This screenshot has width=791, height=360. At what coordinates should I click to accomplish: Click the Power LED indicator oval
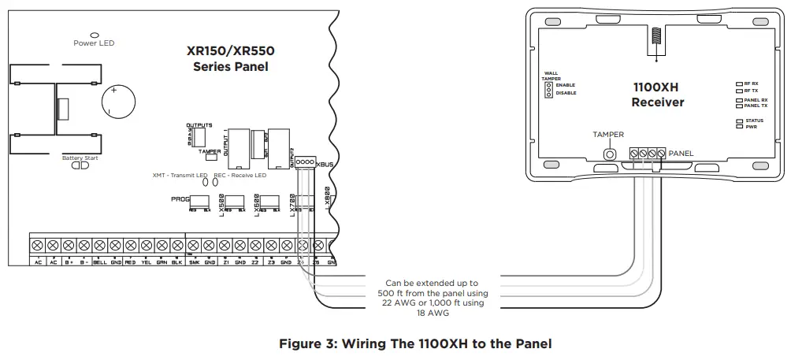tap(95, 35)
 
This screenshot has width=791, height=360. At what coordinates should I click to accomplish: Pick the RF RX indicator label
tap(751, 83)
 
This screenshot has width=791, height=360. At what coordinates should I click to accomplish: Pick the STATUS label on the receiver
tap(754, 120)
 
